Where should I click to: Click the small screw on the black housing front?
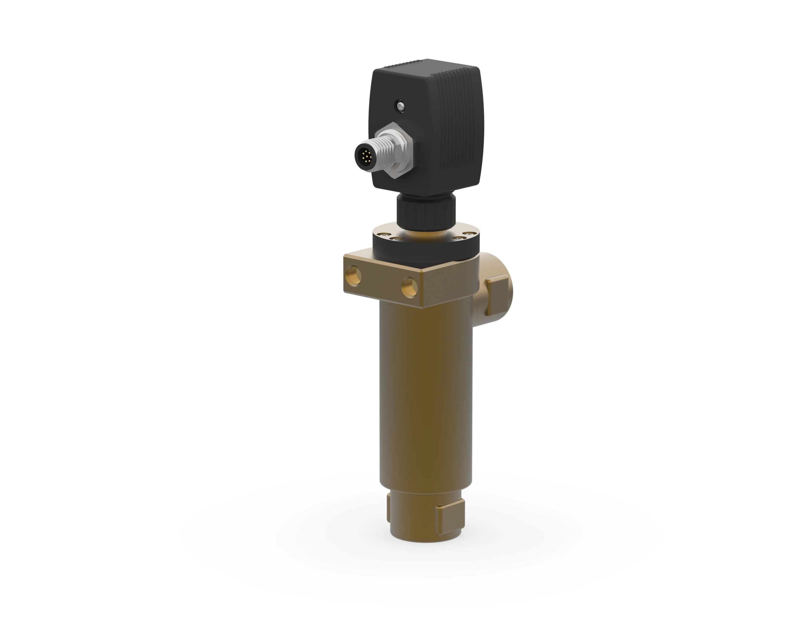(400, 106)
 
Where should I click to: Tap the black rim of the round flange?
(423, 250)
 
